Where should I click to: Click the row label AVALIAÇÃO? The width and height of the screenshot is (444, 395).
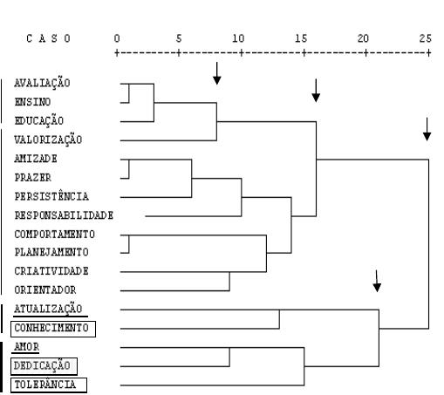click(x=42, y=83)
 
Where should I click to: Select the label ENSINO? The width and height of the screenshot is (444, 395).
click(x=32, y=102)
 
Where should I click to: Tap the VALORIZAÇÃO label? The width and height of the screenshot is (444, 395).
click(x=48, y=140)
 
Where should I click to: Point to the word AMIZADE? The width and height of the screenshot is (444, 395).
click(x=36, y=159)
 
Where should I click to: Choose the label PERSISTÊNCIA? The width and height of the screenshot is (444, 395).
click(x=51, y=196)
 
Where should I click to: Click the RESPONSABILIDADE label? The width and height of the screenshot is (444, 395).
click(x=64, y=215)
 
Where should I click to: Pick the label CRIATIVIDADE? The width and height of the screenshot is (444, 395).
click(x=51, y=271)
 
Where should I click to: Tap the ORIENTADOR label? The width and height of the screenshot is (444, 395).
click(x=45, y=289)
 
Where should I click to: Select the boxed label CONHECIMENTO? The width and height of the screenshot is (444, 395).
click(x=53, y=329)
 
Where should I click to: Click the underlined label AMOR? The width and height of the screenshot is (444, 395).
click(x=26, y=347)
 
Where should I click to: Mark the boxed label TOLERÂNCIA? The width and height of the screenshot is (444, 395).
click(x=49, y=385)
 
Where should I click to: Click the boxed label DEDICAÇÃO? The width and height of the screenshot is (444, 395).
click(x=44, y=366)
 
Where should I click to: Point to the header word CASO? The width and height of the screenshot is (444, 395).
click(x=48, y=38)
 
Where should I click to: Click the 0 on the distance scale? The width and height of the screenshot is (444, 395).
click(x=117, y=38)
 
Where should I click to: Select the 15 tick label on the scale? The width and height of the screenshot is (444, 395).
click(x=301, y=38)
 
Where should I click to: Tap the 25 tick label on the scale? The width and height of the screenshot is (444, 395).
click(x=426, y=38)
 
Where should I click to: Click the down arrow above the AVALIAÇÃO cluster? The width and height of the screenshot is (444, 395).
click(x=217, y=73)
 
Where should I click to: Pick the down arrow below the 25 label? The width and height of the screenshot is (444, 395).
click(x=427, y=129)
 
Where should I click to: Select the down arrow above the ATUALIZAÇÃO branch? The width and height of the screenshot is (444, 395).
click(x=377, y=281)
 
